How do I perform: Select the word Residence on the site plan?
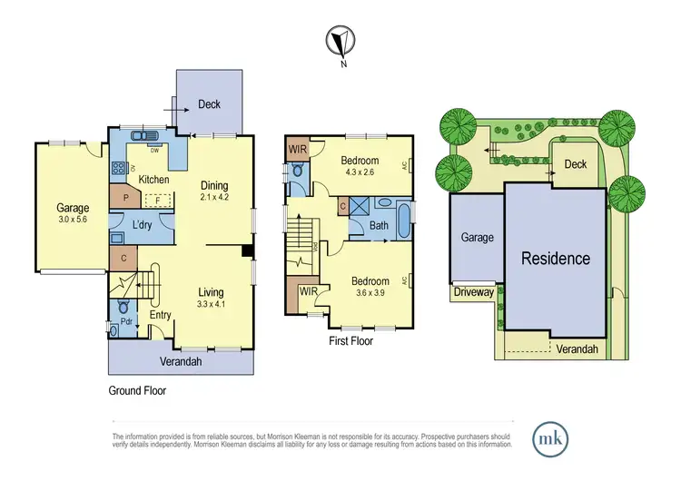[555, 258]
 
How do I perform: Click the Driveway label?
[475, 292]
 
